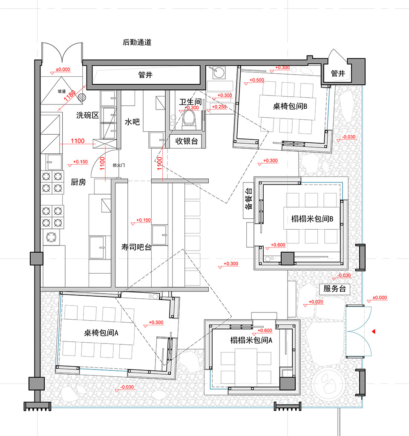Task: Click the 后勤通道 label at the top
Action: tap(137, 42)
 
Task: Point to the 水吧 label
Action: tap(132, 122)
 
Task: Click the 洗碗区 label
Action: tap(87, 115)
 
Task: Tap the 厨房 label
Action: tap(78, 182)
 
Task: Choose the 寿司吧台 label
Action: tap(136, 247)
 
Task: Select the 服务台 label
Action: tap(334, 289)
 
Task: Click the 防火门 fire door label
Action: tap(119, 165)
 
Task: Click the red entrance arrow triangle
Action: tap(373, 331)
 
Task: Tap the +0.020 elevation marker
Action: tap(316, 301)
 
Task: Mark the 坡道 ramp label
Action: tap(62, 91)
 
